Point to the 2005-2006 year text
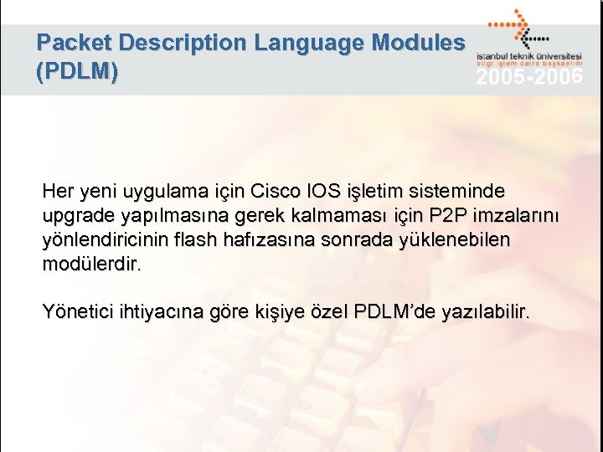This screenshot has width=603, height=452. [529, 78]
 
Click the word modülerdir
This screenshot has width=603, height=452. [92, 265]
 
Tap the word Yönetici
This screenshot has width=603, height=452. [78, 313]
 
